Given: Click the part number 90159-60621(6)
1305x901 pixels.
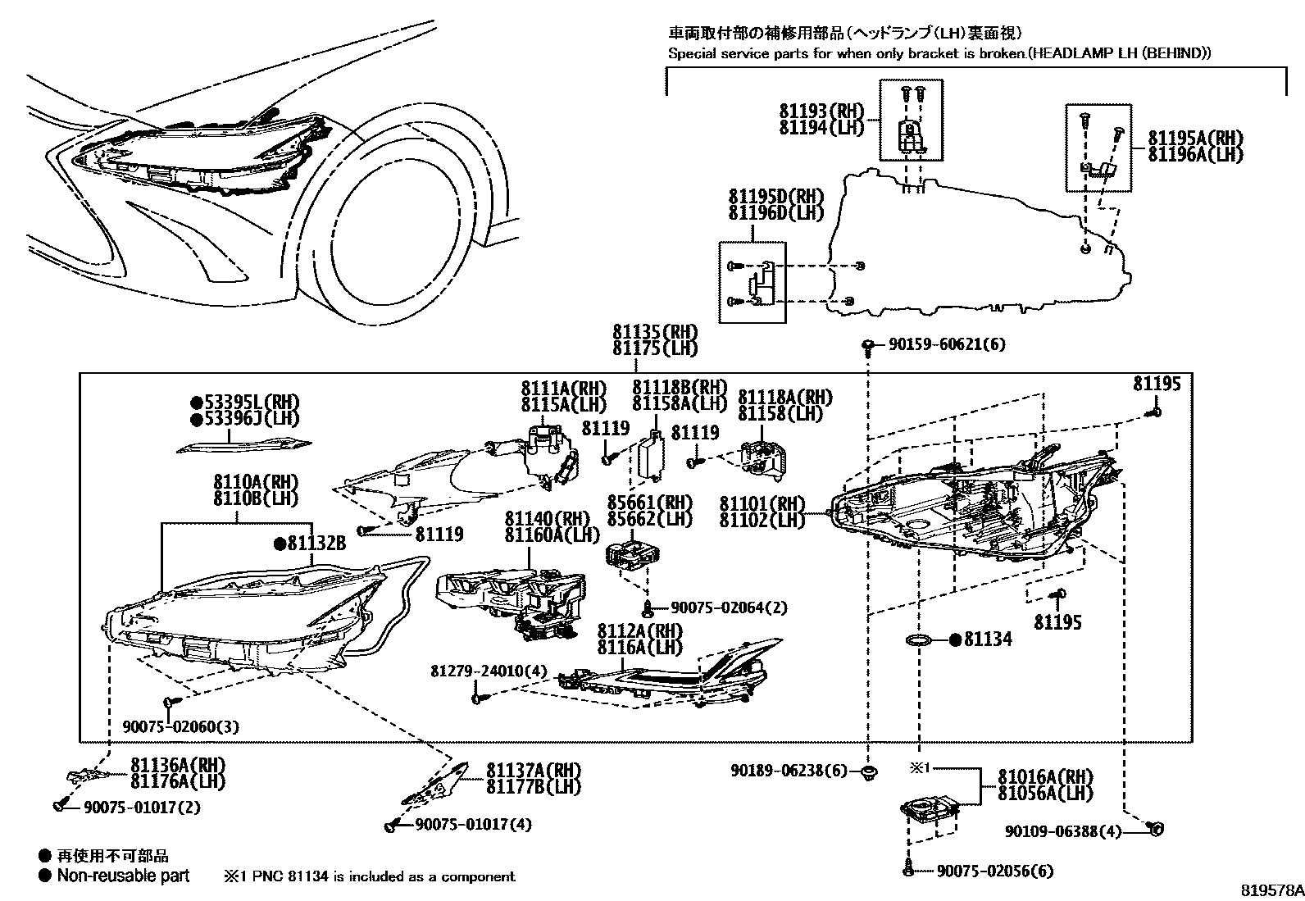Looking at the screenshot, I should [x=946, y=345].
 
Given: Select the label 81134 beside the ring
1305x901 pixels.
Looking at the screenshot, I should [x=987, y=639].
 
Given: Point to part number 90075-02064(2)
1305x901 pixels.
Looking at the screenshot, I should [x=728, y=607].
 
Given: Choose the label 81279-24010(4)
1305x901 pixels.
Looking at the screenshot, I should [x=488, y=671].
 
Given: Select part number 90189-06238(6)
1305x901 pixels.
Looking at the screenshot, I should [x=789, y=771].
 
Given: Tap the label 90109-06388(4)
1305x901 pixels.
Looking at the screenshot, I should [x=1062, y=831].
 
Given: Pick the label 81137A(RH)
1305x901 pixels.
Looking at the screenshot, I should [x=533, y=771].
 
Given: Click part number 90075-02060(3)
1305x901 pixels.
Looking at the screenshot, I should [x=181, y=726].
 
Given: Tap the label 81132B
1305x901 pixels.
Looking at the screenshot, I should [x=316, y=543].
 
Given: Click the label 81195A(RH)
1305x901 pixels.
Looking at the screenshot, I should [x=1194, y=138].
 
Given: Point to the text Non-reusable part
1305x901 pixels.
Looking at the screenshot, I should [x=123, y=876].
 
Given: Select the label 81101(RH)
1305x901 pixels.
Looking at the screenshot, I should [x=762, y=503].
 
